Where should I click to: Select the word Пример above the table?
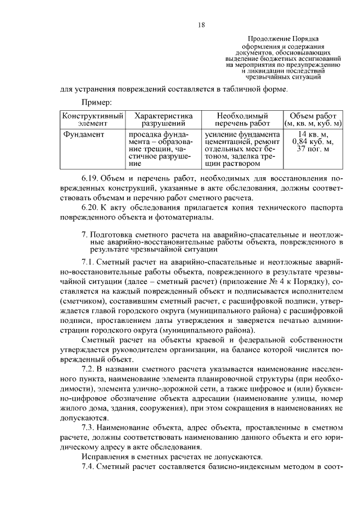point(97,102)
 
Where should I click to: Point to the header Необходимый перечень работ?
point(242,119)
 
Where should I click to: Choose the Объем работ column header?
point(313,119)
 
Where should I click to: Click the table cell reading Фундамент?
point(83,134)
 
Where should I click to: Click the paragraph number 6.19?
point(91,178)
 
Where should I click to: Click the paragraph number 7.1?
point(89,262)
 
